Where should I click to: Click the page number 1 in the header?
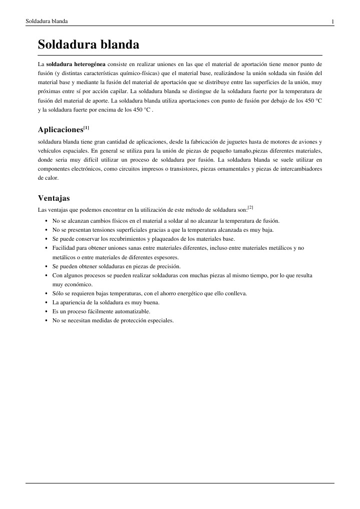332,22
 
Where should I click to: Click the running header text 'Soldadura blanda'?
47,21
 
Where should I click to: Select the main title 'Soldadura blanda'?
89,45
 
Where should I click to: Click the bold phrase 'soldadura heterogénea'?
76,65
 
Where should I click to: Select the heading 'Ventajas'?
54,198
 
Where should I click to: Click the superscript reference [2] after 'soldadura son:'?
250,207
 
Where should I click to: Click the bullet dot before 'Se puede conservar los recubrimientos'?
46,239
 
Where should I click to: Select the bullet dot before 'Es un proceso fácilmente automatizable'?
46,311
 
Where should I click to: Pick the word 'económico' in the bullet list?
73,284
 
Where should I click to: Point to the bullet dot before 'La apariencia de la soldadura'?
46,302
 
